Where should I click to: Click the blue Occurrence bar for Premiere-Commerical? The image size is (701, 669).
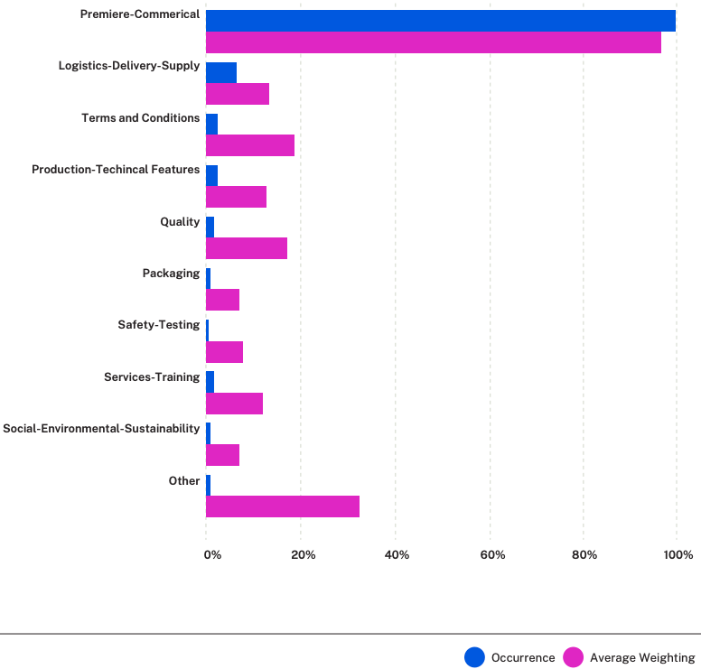(x=440, y=21)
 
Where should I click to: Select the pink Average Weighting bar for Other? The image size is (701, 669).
(x=283, y=506)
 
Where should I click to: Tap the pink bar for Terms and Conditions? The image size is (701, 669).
(x=250, y=145)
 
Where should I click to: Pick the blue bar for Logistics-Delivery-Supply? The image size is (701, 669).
(x=220, y=72)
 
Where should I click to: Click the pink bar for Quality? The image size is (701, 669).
(x=247, y=248)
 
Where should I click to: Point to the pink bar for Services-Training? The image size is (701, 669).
(x=234, y=404)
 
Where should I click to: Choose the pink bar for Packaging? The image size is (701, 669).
(x=222, y=300)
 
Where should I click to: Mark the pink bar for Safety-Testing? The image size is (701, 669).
(x=224, y=352)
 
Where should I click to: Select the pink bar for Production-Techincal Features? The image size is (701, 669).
(x=236, y=197)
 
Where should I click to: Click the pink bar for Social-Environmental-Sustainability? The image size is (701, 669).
(x=222, y=455)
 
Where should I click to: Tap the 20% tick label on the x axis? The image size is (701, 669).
(x=304, y=555)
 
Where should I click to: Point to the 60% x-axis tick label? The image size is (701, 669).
(x=492, y=555)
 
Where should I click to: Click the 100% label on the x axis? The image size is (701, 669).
(x=678, y=555)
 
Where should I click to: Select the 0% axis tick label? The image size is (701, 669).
(x=212, y=555)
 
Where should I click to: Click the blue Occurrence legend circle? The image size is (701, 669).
(x=474, y=657)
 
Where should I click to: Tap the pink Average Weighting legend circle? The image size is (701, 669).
(x=573, y=657)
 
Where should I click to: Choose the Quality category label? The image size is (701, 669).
(x=180, y=222)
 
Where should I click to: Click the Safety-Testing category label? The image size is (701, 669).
(x=159, y=325)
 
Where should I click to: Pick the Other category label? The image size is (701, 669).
(x=184, y=481)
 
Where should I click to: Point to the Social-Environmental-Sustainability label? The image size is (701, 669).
(x=101, y=429)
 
